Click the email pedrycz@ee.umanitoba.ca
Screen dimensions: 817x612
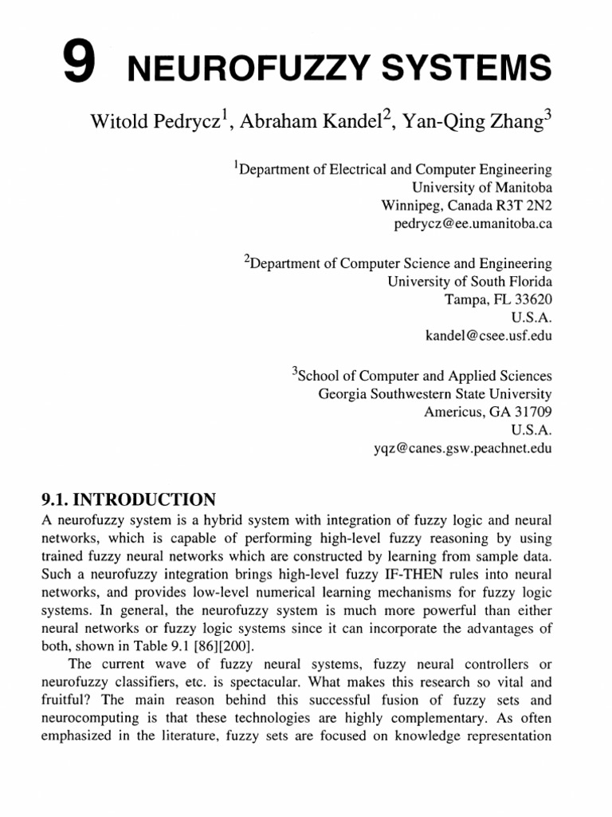[x=473, y=224]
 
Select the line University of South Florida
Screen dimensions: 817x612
[x=469, y=281]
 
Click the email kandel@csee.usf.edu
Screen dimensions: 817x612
[x=488, y=336]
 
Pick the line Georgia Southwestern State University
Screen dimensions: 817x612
[x=435, y=393]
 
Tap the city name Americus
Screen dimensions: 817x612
[x=453, y=412]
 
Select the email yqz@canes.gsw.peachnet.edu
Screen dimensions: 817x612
[x=462, y=448]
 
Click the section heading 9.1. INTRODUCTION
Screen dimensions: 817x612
[x=127, y=500]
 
